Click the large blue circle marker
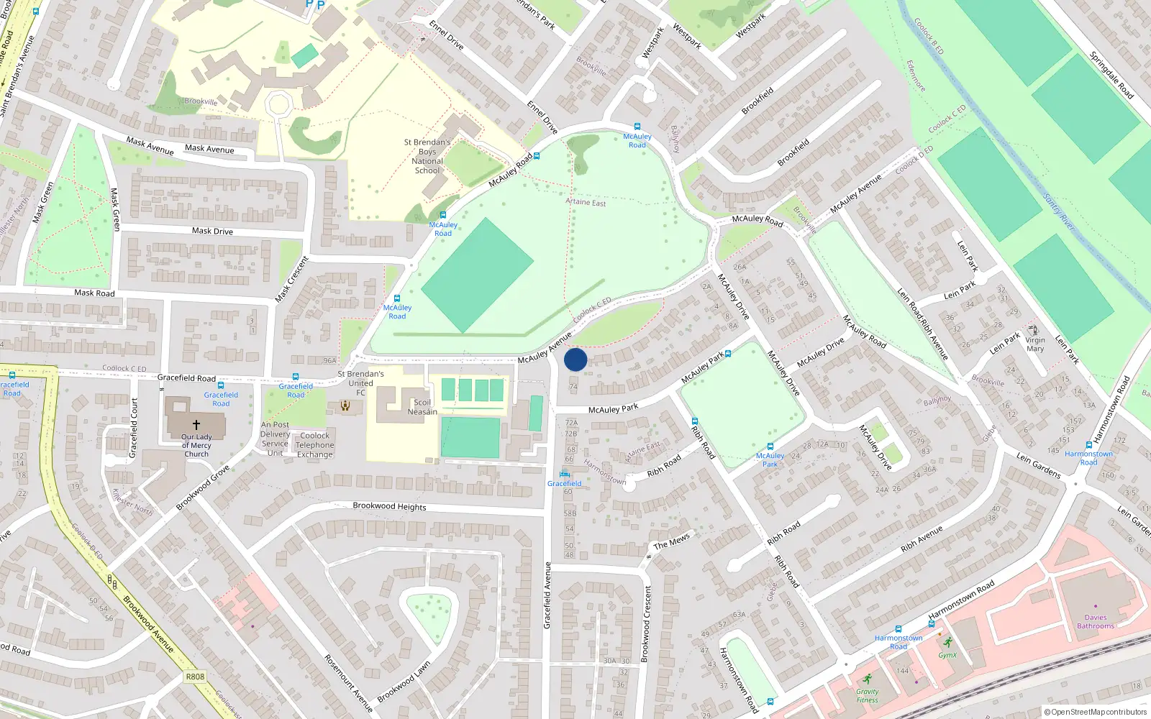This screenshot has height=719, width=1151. coord(575,359)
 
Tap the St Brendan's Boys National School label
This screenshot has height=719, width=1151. coord(427,157)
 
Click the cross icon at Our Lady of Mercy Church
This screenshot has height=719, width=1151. coord(196,425)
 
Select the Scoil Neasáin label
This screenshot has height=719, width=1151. coord(422,407)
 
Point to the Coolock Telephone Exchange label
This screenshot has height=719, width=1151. coord(315,445)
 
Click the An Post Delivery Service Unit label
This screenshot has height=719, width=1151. coord(275,439)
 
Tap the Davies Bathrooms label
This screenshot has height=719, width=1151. coord(1096,622)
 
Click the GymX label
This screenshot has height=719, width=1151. coord(947,655)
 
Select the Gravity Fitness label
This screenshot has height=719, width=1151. coord(867,695)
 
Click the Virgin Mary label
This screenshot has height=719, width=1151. coord(1035,344)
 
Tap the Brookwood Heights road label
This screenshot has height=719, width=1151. coord(389,506)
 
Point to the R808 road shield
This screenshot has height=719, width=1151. coord(195,677)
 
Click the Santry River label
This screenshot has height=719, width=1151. coord(1058,212)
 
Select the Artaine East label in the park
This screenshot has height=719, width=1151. coord(586,202)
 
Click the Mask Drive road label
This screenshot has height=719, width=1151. coord(212,231)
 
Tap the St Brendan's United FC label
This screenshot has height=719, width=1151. coord(361,383)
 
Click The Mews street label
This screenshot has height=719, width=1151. coord(671,541)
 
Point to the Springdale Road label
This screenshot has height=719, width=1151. coord(1111,75)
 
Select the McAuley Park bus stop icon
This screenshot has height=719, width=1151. coord(770,446)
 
